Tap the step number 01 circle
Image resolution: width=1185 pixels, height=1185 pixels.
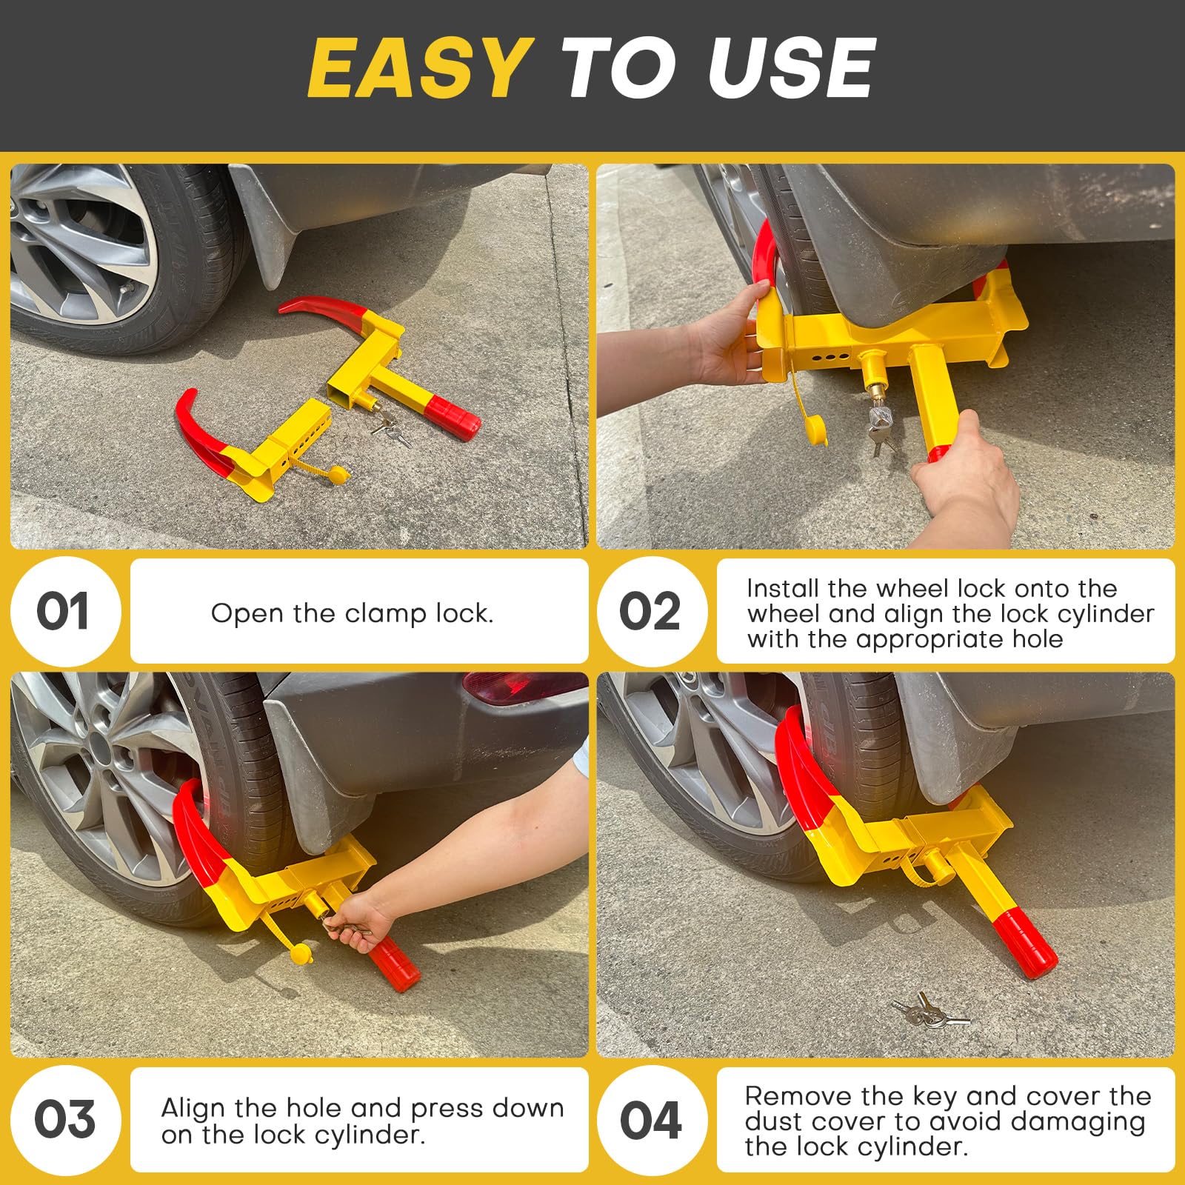[x=64, y=612]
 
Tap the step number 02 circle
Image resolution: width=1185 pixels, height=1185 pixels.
[x=651, y=612]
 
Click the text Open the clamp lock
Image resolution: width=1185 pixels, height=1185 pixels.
[x=352, y=613]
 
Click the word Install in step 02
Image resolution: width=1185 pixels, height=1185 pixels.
[x=783, y=589]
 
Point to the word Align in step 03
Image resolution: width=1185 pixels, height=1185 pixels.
[x=193, y=1108]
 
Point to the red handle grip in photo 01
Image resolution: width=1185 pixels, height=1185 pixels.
[x=453, y=417]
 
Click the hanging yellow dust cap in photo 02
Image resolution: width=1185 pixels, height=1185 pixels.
[x=814, y=430]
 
